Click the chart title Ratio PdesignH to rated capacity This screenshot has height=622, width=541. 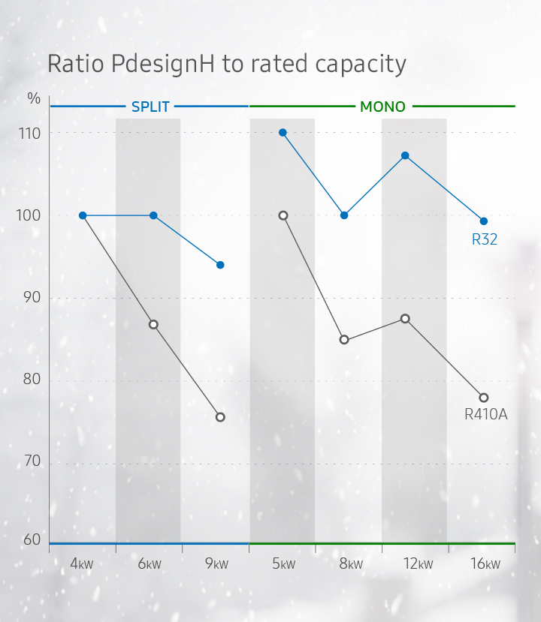pos(226,65)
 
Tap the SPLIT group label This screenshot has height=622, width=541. pos(150,107)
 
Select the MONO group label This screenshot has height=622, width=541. pos(382,107)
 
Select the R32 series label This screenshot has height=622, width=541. pos(485,240)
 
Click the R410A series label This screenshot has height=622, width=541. pos(485,413)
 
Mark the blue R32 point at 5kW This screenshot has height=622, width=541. pos(283,133)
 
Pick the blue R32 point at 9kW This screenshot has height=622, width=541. pos(220,265)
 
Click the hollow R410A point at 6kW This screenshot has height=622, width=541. pos(153,324)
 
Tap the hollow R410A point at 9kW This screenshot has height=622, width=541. pos(220,417)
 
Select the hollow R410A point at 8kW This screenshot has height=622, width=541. pos(344,340)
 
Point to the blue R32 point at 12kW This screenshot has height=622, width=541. pos(405,155)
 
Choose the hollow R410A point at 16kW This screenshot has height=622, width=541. pos(484,398)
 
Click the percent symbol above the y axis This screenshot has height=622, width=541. pos(34,99)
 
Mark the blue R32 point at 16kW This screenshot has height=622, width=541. pos(484,221)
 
